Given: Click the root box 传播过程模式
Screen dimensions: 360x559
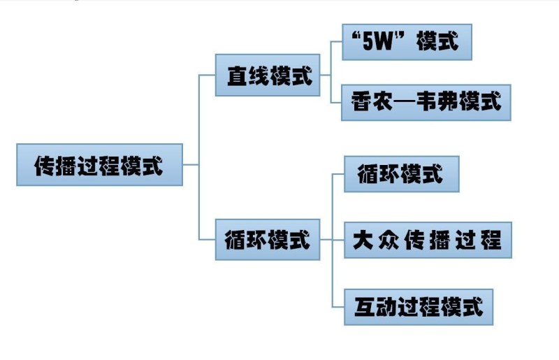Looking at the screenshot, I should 99,165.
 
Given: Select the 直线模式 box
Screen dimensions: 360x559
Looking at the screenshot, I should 268,75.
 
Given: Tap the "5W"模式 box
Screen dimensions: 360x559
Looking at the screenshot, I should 407,42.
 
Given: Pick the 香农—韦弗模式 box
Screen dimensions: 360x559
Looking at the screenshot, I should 426,102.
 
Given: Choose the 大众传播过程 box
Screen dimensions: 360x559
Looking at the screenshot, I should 428,240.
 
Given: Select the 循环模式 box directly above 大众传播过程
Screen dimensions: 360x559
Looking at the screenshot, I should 401,173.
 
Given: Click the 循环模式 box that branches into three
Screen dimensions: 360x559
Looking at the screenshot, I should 268,240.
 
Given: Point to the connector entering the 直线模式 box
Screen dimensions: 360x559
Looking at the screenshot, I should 208,75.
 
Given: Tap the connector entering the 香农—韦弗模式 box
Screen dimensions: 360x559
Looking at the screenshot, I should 335,102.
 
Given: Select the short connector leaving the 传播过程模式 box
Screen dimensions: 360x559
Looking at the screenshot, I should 191,165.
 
